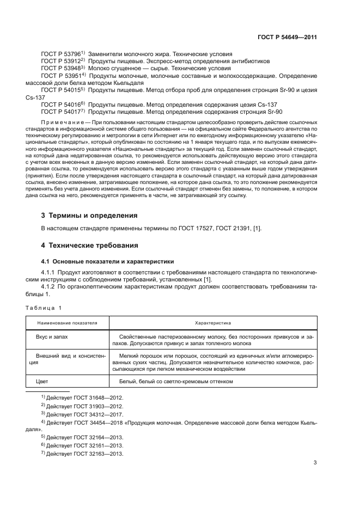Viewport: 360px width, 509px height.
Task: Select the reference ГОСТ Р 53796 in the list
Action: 60,54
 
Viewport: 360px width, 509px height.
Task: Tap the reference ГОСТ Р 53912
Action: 60,62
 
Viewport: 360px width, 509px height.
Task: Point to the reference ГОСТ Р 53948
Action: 60,69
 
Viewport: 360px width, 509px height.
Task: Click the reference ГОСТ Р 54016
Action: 60,105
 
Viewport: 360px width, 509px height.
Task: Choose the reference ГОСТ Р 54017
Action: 60,112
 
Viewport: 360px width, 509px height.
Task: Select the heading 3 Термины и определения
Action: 89,215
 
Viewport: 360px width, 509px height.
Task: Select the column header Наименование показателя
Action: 67,323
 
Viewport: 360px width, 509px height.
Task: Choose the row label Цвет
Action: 42,382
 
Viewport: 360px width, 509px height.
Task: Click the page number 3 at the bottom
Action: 315,463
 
